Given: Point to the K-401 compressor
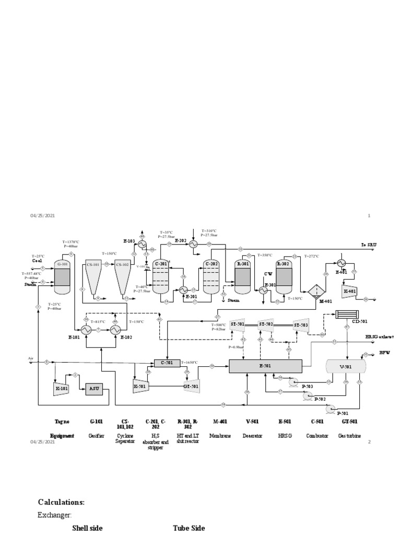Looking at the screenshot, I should coord(348,290).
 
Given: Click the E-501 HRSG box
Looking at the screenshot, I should coord(265,366).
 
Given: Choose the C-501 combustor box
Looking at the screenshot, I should coord(166,363).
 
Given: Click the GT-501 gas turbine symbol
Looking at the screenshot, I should coord(191,387).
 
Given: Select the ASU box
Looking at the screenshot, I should coord(94,388).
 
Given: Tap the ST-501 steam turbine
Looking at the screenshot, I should coord(238,324).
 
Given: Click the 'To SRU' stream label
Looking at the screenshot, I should coord(369,245).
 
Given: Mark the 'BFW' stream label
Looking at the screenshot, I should coord(384,353).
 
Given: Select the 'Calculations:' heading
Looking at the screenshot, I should coord(61,502).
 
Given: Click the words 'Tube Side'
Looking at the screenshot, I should coord(188,528).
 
